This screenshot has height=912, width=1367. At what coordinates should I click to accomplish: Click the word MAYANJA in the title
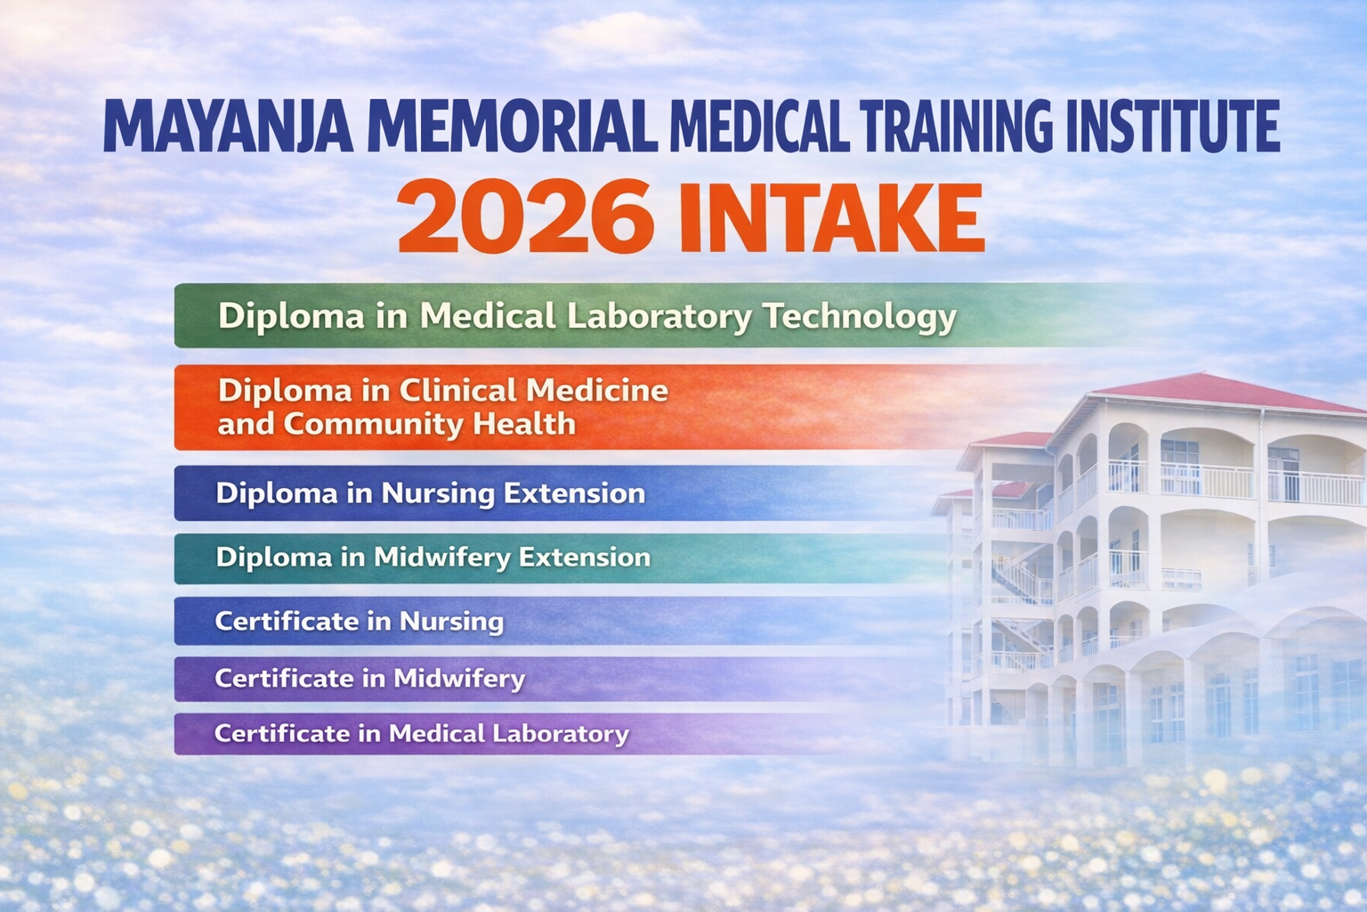[x=228, y=126]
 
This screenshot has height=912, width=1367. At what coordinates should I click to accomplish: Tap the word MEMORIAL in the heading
[x=512, y=126]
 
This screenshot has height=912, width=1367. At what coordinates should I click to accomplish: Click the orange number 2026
[x=525, y=216]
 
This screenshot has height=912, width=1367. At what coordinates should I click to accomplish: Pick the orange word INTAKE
[x=832, y=216]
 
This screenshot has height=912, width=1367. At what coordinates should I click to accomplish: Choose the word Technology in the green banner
[x=860, y=317]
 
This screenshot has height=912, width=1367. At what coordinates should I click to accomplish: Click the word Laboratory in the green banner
[x=659, y=317]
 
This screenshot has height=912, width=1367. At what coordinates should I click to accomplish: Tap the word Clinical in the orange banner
[x=457, y=390]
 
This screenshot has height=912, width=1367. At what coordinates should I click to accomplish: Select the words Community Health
[x=430, y=423]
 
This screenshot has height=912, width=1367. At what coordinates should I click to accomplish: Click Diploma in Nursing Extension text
[x=430, y=493]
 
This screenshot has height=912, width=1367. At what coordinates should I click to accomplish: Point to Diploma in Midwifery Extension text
[x=433, y=558]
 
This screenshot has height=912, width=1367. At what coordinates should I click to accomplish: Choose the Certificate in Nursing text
[x=360, y=622]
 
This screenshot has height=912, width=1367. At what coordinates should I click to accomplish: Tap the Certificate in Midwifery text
[x=370, y=679]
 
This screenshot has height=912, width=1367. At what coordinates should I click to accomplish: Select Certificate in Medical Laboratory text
[x=422, y=734]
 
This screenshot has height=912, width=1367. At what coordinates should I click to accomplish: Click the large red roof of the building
[x=1226, y=393]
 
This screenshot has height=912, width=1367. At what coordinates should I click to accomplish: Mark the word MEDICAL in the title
[x=759, y=126]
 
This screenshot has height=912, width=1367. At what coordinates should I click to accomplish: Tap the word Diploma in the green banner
[x=291, y=317]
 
